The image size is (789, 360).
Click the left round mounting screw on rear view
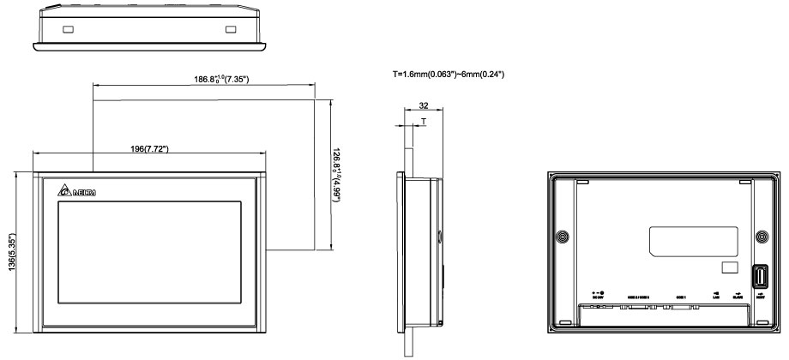(562, 236)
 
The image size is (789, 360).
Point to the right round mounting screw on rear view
(762, 236)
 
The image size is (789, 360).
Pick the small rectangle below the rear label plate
(729, 268)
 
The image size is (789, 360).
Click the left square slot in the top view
(68, 30)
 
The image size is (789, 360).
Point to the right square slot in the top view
(229, 30)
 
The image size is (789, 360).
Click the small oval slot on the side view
(441, 235)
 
